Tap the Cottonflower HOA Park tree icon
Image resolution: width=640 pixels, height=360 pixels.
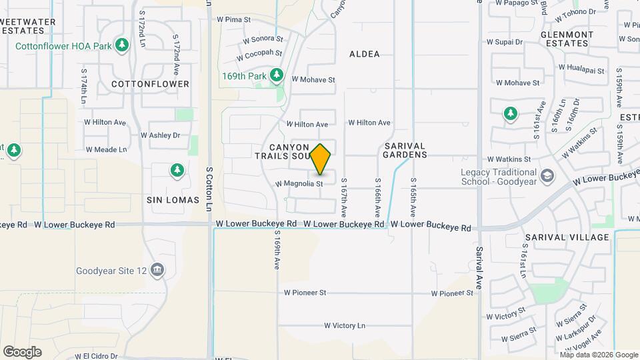pos(121,45)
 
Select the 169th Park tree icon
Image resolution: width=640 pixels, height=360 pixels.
pos(276,75)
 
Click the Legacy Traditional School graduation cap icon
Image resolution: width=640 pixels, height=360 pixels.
pos(547,176)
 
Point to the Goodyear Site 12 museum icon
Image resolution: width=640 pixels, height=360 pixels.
pos(157,270)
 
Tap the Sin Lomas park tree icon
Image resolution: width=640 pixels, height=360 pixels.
pos(177,171)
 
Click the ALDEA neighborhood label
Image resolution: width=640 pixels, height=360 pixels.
pos(364,54)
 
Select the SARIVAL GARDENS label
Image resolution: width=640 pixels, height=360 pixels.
pos(405,150)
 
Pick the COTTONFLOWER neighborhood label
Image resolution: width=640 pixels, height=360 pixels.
pos(150,84)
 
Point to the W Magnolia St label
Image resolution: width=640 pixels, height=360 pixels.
pos(299,183)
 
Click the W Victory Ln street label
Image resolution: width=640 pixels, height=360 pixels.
pos(345,325)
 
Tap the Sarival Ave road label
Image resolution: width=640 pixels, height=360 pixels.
pos(479,267)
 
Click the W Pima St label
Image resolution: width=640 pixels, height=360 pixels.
pos(233,20)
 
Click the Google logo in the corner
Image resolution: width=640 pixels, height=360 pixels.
pos(22,351)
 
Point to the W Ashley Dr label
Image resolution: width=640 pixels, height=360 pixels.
pos(160,135)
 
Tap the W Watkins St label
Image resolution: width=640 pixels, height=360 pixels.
pos(509,159)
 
